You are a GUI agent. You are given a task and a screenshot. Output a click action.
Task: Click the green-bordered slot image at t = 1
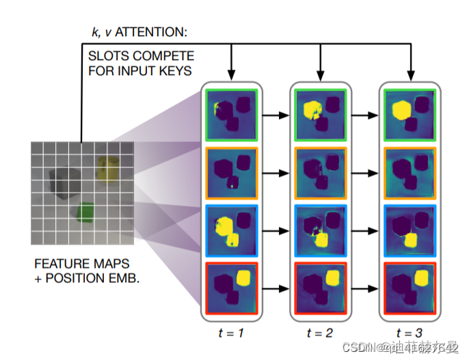(x=230, y=115)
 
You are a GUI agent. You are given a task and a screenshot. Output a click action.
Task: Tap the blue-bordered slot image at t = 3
(x=410, y=230)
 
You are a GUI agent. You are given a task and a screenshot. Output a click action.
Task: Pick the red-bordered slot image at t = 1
(x=230, y=288)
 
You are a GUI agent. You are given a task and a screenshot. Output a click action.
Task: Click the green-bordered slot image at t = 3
(x=410, y=115)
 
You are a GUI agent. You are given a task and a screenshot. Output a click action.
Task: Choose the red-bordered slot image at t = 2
(x=320, y=288)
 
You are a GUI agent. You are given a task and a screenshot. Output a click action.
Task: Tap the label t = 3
(x=410, y=333)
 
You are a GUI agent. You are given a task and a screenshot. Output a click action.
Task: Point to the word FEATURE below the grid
(x=57, y=263)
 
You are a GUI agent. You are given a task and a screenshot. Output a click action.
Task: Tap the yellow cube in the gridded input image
(x=107, y=167)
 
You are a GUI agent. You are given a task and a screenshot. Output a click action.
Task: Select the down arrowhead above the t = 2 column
(x=320, y=73)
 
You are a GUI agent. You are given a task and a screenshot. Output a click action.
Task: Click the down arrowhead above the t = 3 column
(x=410, y=73)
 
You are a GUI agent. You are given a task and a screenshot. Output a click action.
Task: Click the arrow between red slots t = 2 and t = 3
(x=365, y=288)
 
